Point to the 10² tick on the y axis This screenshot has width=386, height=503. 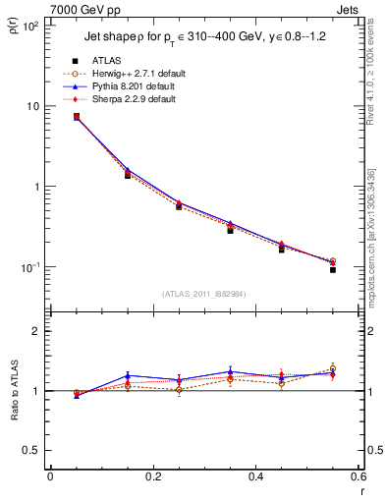coord(29,27)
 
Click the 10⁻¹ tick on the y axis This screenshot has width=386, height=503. coord(29,267)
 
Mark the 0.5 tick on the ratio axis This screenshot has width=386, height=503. coord(32,450)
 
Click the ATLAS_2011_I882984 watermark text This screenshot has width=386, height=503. coord(204,294)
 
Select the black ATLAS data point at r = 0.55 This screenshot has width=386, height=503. coord(332,269)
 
